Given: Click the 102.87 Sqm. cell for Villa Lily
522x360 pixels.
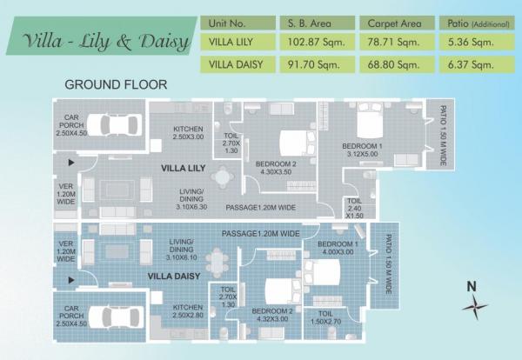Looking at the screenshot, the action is click(x=317, y=43).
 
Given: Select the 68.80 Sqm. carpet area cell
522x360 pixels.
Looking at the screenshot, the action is click(x=397, y=64).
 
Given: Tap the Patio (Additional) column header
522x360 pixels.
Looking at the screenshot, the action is click(x=477, y=23).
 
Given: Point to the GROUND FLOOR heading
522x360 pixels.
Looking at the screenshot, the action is click(x=116, y=84).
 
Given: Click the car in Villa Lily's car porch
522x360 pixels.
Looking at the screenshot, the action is click(x=115, y=125).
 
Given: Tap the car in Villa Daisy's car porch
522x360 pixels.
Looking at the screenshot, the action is click(x=116, y=317).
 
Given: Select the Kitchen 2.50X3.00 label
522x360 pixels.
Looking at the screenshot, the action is click(x=188, y=133).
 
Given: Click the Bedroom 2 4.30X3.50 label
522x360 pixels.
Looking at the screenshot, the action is click(x=276, y=168).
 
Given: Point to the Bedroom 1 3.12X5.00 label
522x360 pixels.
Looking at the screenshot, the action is click(x=362, y=150).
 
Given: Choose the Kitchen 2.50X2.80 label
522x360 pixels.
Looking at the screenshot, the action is click(x=188, y=310).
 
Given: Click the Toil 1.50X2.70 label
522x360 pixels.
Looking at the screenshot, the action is click(x=325, y=317).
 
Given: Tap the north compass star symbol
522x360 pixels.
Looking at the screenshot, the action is click(x=475, y=307).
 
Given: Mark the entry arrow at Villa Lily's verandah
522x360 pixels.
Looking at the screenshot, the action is click(x=71, y=163).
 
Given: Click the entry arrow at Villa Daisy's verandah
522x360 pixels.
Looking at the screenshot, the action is click(x=71, y=280).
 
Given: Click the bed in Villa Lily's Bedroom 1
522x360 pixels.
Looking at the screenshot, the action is click(x=370, y=121).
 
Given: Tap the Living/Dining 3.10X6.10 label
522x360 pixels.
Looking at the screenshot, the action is click(x=182, y=250).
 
